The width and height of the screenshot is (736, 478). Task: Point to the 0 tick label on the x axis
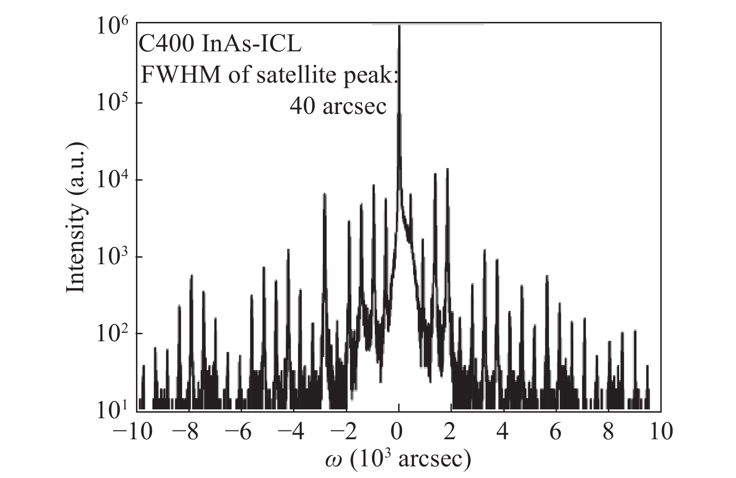click(x=398, y=432)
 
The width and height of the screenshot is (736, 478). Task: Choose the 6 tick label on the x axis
click(x=555, y=432)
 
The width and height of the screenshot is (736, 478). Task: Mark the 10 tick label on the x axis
click(x=659, y=432)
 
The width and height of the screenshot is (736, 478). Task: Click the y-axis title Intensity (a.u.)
click(x=76, y=217)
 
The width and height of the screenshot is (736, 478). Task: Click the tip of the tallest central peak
click(x=399, y=27)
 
